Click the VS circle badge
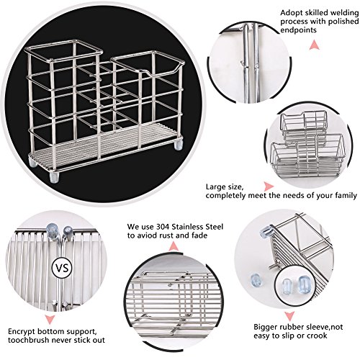(x=62, y=268)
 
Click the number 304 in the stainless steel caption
(x=162, y=227)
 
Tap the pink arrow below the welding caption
(x=314, y=45)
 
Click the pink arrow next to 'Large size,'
(x=269, y=186)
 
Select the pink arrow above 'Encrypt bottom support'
(x=50, y=320)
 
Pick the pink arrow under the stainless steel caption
(x=174, y=246)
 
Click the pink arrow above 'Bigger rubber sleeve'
(x=289, y=315)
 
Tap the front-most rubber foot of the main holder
(x=54, y=177)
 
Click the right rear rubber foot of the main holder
(x=179, y=145)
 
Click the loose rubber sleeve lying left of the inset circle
(x=256, y=280)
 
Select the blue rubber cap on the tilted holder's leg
(x=266, y=231)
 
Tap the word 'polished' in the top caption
(x=343, y=22)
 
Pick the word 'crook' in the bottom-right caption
(x=317, y=336)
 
